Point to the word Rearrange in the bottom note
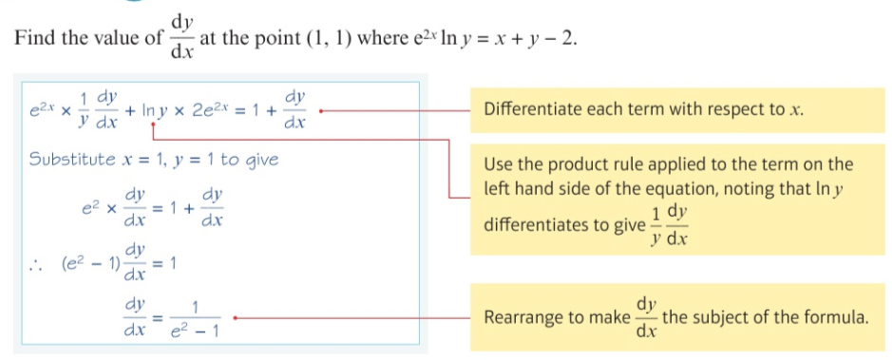525,317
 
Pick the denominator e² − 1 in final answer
194,333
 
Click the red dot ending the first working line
321,110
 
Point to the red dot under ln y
152,123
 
